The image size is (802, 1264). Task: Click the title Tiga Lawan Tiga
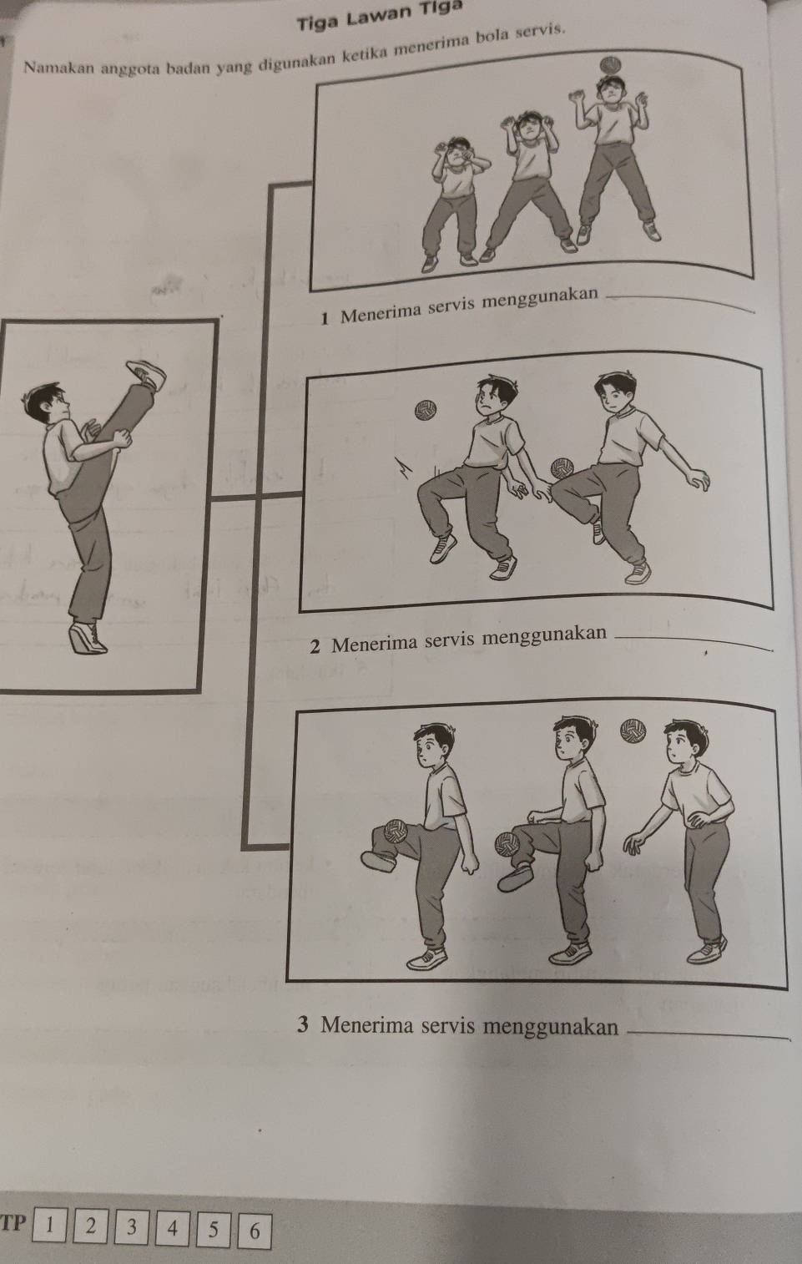[380, 16]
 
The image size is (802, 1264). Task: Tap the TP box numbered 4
[173, 1227]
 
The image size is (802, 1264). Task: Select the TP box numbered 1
[49, 1225]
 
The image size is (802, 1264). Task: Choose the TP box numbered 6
[255, 1231]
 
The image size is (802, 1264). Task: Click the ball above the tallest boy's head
[610, 64]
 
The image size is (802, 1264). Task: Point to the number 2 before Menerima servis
[315, 647]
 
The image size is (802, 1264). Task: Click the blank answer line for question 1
[683, 304]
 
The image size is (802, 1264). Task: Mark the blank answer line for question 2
[695, 645]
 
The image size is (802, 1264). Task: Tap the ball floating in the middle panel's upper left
[426, 410]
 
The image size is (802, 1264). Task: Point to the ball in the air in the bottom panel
[632, 731]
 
